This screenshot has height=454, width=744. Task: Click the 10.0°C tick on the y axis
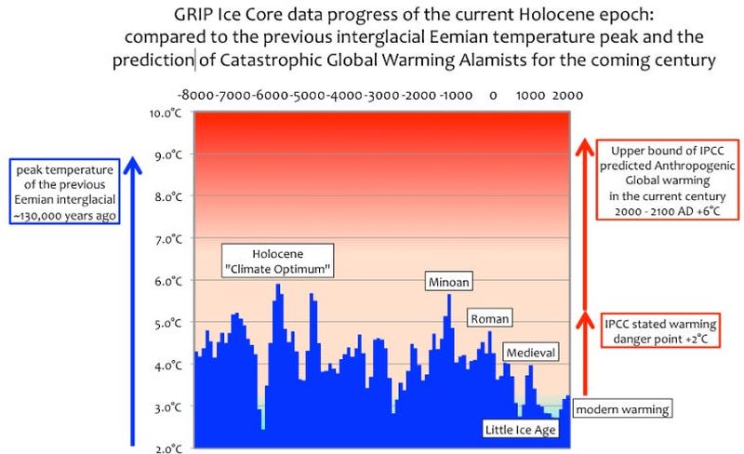pyautogui.click(x=169, y=113)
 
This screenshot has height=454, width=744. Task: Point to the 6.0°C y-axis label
pyautogui.click(x=169, y=281)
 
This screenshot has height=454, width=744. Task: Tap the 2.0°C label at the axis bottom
pyautogui.click(x=169, y=448)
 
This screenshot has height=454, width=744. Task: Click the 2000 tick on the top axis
pyautogui.click(x=567, y=95)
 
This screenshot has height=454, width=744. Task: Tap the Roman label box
pyautogui.click(x=490, y=318)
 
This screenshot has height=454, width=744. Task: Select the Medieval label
pyautogui.click(x=530, y=353)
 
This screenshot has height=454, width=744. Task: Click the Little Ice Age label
pyautogui.click(x=522, y=430)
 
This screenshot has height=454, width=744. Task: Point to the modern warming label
pyautogui.click(x=620, y=409)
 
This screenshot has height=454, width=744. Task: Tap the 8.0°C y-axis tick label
pyautogui.click(x=169, y=197)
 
